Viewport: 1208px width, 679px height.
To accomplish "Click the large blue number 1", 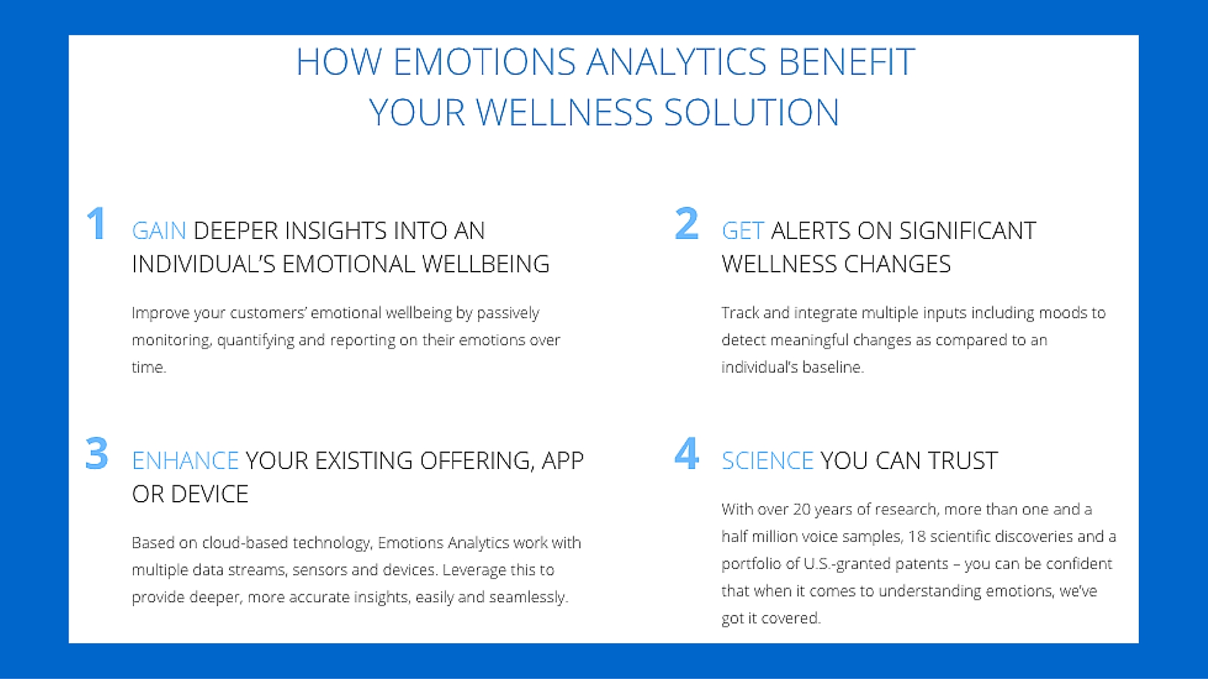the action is click(96, 223).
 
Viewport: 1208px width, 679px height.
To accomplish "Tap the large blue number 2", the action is click(686, 223).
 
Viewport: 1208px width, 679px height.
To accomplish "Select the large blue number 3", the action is click(97, 453).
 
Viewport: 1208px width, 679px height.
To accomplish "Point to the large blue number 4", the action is click(686, 453).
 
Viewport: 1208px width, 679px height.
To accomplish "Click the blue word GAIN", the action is click(159, 231).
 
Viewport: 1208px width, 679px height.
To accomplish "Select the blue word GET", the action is click(743, 231).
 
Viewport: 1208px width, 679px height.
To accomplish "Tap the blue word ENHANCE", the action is click(185, 461).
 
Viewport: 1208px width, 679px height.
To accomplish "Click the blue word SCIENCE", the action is click(768, 461).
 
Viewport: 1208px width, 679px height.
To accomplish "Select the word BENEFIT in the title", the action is click(846, 62).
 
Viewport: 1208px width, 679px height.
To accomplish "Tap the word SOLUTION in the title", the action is click(751, 113).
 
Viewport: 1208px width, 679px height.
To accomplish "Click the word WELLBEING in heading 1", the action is click(485, 264).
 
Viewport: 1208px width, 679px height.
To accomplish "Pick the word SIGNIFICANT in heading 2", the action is click(968, 231).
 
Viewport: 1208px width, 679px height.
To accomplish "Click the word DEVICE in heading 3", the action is click(210, 494).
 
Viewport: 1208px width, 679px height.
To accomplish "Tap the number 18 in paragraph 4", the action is click(917, 536).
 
